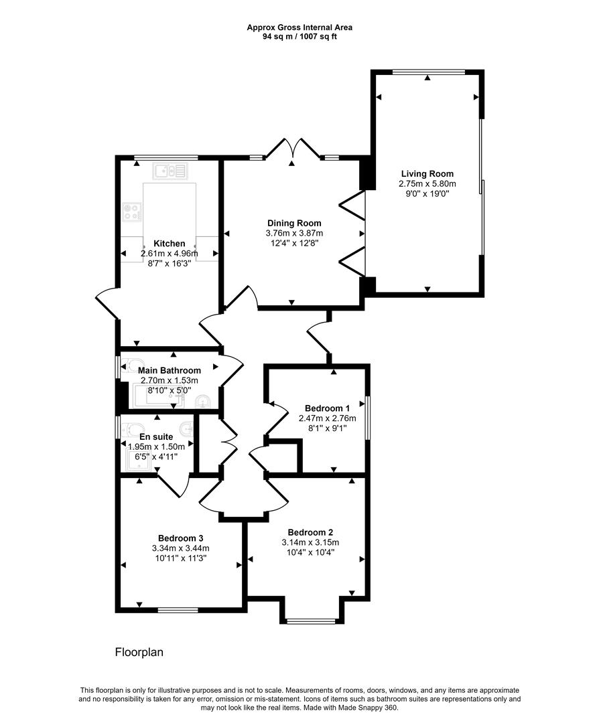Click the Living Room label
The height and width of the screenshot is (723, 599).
pyautogui.click(x=423, y=173)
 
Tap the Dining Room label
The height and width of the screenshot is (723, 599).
pyautogui.click(x=294, y=223)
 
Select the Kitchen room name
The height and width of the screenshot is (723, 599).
pyautogui.click(x=169, y=244)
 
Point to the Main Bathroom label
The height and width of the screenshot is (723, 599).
pyautogui.click(x=170, y=370)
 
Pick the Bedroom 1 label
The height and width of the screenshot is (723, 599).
pyautogui.click(x=327, y=408)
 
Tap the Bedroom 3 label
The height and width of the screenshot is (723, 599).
pyautogui.click(x=181, y=538)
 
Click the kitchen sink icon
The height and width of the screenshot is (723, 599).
pyautogui.click(x=170, y=172)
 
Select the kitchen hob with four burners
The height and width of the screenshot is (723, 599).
pyautogui.click(x=132, y=212)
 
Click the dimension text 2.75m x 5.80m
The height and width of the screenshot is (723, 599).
pyautogui.click(x=427, y=184)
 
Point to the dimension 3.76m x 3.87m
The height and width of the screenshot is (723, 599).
pyautogui.click(x=294, y=234)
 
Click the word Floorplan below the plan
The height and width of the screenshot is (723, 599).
pyautogui.click(x=139, y=651)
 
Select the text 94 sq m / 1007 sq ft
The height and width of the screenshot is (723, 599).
pyautogui.click(x=299, y=37)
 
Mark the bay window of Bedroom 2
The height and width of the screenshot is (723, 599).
pyautogui.click(x=311, y=621)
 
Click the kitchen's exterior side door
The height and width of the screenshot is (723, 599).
pyautogui.click(x=107, y=305)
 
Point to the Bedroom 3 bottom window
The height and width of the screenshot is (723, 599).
pyautogui.click(x=178, y=609)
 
